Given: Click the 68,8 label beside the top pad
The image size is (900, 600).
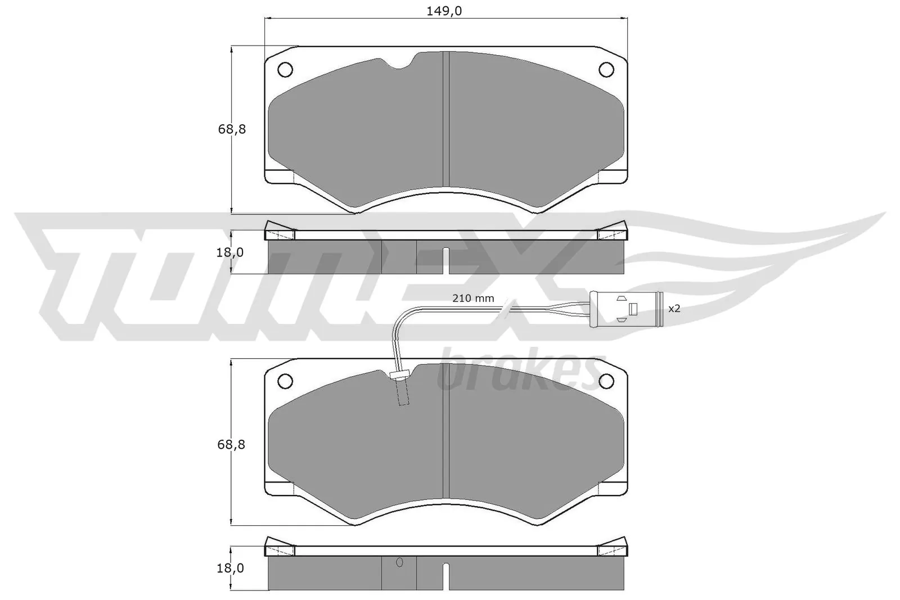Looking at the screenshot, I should pos(232,129).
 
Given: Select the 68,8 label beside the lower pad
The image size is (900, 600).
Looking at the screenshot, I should pos(232,445).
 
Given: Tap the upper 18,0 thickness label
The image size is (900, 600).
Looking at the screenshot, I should pos(230,252).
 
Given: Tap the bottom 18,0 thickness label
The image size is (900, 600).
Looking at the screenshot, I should pos(230,569).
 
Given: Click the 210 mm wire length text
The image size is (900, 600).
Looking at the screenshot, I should pos(473,299).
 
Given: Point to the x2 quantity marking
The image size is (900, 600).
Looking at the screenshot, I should pos(674,309).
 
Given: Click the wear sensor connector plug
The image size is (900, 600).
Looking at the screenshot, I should pos(626,309).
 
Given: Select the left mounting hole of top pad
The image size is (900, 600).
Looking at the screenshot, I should pos(285,69).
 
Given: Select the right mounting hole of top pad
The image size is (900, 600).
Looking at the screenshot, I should pos(606,69).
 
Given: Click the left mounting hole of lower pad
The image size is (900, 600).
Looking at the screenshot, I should pos(285,381).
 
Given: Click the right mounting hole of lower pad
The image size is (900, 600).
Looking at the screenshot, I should pos(606,381).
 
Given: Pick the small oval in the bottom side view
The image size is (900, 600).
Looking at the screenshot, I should pos(400,563).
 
